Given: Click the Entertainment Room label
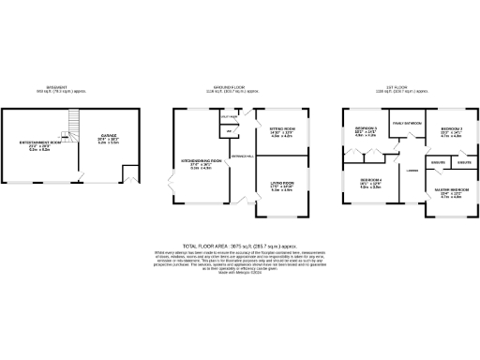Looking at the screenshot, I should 38,142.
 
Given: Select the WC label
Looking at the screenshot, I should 229,130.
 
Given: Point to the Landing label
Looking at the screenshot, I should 412,169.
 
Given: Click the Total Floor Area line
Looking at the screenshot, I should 240,244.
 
